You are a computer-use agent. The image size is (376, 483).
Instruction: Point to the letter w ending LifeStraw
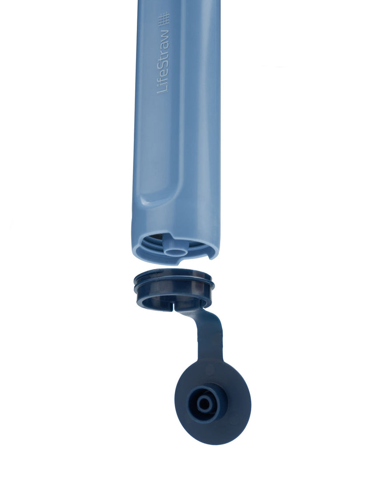tap(164, 32)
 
